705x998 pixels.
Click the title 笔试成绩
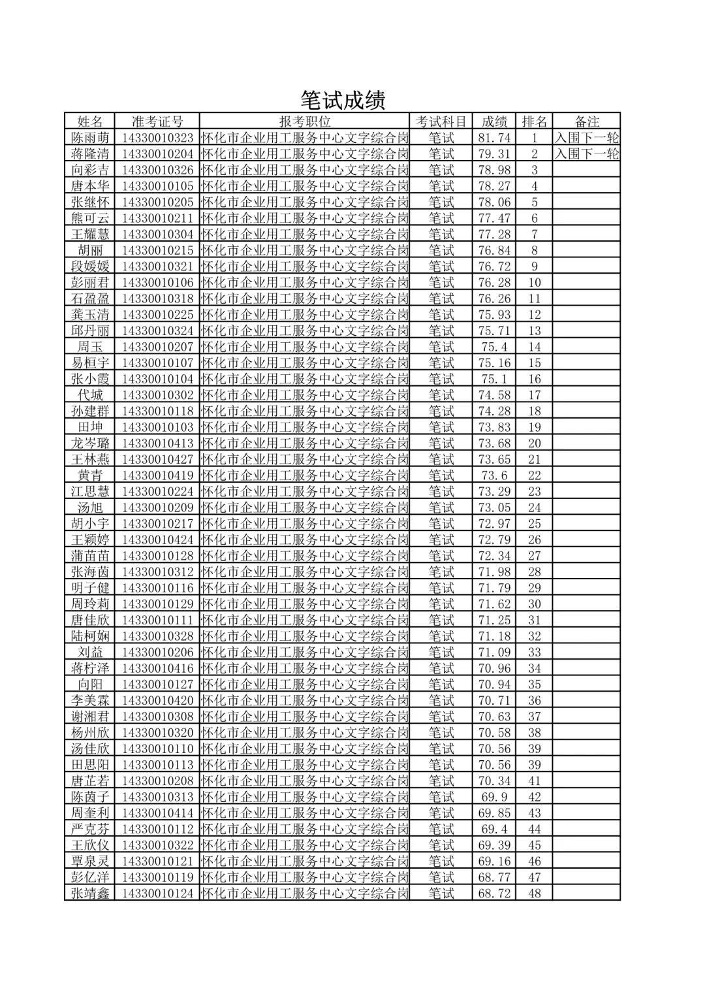(x=343, y=99)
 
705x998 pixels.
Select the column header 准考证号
(x=157, y=121)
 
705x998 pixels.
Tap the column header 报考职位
(x=305, y=121)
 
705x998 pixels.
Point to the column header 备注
(x=586, y=121)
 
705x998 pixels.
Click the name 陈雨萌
(x=90, y=138)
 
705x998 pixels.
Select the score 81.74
(x=494, y=138)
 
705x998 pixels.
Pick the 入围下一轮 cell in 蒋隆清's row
(x=586, y=154)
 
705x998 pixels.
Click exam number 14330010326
(x=157, y=170)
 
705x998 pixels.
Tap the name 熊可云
(x=90, y=218)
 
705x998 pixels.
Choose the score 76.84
(x=494, y=250)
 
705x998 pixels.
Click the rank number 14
(x=535, y=347)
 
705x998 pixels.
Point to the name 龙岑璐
(x=90, y=443)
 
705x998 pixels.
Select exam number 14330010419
(x=157, y=475)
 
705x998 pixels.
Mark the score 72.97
(x=494, y=524)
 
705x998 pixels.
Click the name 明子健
(x=90, y=588)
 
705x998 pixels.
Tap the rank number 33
(x=535, y=652)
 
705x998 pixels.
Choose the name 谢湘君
(x=90, y=716)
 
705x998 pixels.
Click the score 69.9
(x=494, y=797)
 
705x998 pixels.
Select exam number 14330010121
(x=157, y=861)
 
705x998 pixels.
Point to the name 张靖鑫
(x=90, y=893)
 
